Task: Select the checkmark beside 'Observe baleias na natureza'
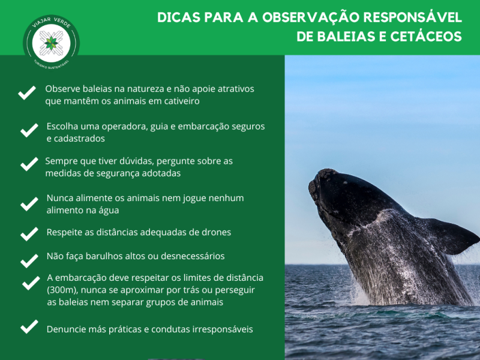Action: click(x=26, y=94)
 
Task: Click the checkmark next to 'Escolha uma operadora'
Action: click(x=29, y=131)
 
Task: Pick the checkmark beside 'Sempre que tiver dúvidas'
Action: click(x=29, y=164)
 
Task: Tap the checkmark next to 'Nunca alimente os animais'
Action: click(x=29, y=204)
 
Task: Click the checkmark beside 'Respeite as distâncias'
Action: click(x=29, y=233)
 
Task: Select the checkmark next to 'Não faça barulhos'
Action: click(x=29, y=261)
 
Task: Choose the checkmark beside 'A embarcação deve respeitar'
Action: click(x=31, y=283)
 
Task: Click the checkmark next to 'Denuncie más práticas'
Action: click(x=29, y=327)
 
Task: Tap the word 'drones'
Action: click(x=216, y=232)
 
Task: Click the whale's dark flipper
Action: click(x=450, y=236)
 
